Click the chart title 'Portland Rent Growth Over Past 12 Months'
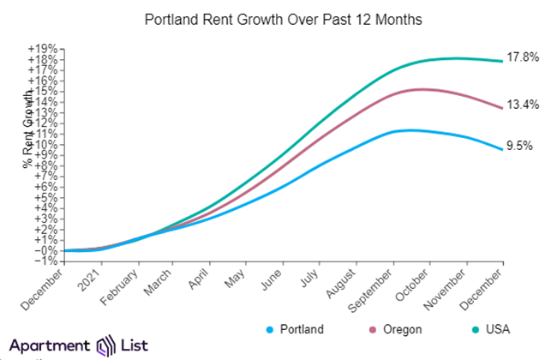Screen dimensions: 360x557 (x=278, y=18)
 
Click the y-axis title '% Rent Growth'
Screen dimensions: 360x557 (x=28, y=120)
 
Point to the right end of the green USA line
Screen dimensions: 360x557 (x=502, y=61)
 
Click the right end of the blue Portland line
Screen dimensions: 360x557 (x=502, y=149)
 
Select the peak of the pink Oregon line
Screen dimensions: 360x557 (x=422, y=89)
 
